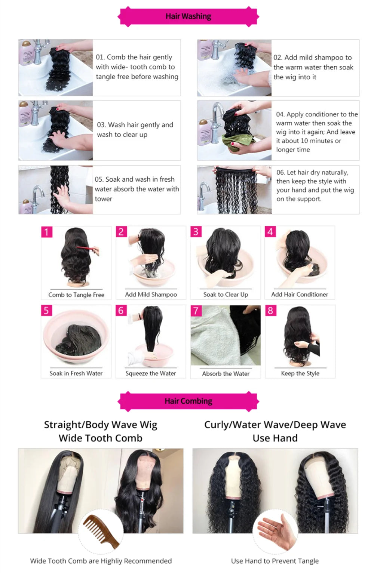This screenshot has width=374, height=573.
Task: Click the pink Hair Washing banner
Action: tap(188, 16)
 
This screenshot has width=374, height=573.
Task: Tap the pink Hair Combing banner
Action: tap(188, 401)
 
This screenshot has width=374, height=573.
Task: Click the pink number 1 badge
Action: tap(47, 232)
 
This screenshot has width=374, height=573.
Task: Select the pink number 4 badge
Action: tap(270, 232)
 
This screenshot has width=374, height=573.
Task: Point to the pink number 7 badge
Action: tap(196, 311)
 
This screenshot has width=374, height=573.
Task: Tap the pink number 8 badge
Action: tap(270, 311)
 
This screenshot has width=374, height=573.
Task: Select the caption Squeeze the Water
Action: tap(150, 373)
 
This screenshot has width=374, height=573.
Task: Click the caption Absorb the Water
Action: tap(226, 373)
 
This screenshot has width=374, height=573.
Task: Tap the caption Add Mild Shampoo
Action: tap(151, 295)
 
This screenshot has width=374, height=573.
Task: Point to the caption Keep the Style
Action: tap(300, 373)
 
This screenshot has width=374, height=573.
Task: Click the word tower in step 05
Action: tap(104, 199)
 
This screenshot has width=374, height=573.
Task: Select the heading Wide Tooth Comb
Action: tap(100, 438)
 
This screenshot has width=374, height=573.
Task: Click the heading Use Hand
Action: tap(275, 438)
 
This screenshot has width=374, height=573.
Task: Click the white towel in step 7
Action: tap(209, 336)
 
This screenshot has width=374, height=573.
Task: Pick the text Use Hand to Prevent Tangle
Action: tap(275, 561)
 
